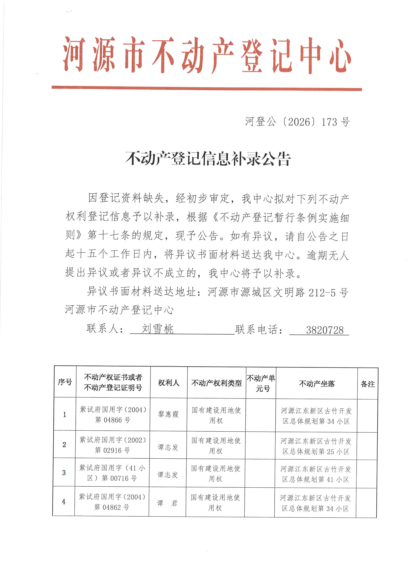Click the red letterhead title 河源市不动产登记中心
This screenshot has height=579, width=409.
(207, 55)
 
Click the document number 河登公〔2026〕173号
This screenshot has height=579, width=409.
(297, 122)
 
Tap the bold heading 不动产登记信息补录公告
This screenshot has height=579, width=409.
(208, 159)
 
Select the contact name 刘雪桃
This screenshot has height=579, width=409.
(158, 329)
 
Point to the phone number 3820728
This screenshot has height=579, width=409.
(325, 330)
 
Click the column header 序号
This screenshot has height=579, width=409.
(65, 382)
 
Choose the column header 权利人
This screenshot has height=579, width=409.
(168, 383)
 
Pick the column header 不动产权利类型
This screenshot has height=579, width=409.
(217, 383)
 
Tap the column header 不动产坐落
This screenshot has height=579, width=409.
(316, 384)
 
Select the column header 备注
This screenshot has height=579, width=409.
(368, 384)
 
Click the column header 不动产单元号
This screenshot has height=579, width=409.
(261, 383)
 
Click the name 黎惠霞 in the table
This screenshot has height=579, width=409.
(168, 414)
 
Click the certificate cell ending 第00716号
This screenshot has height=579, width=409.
(112, 473)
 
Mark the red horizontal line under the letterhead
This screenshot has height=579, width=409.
(207, 88)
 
